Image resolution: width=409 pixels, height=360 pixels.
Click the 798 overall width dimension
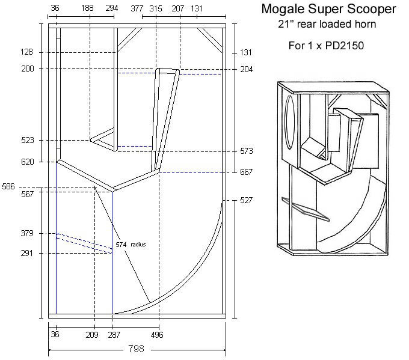[137, 348]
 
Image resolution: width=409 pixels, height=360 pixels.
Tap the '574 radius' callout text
[131, 245]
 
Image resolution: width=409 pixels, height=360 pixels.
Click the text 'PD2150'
[333, 45]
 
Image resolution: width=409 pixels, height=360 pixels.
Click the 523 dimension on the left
[28, 140]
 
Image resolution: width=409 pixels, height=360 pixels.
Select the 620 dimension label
[28, 162]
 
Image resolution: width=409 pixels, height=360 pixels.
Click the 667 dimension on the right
[246, 172]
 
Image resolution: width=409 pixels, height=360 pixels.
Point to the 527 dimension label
[246, 200]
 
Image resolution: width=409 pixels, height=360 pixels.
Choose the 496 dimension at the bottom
[156, 335]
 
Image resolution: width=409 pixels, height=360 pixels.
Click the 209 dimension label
[92, 335]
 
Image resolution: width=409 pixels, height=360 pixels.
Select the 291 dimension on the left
[28, 254]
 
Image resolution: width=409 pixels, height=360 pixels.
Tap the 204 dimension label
[246, 69]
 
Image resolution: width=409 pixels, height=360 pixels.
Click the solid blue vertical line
[112, 270]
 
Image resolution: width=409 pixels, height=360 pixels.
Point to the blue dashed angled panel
[84, 243]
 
